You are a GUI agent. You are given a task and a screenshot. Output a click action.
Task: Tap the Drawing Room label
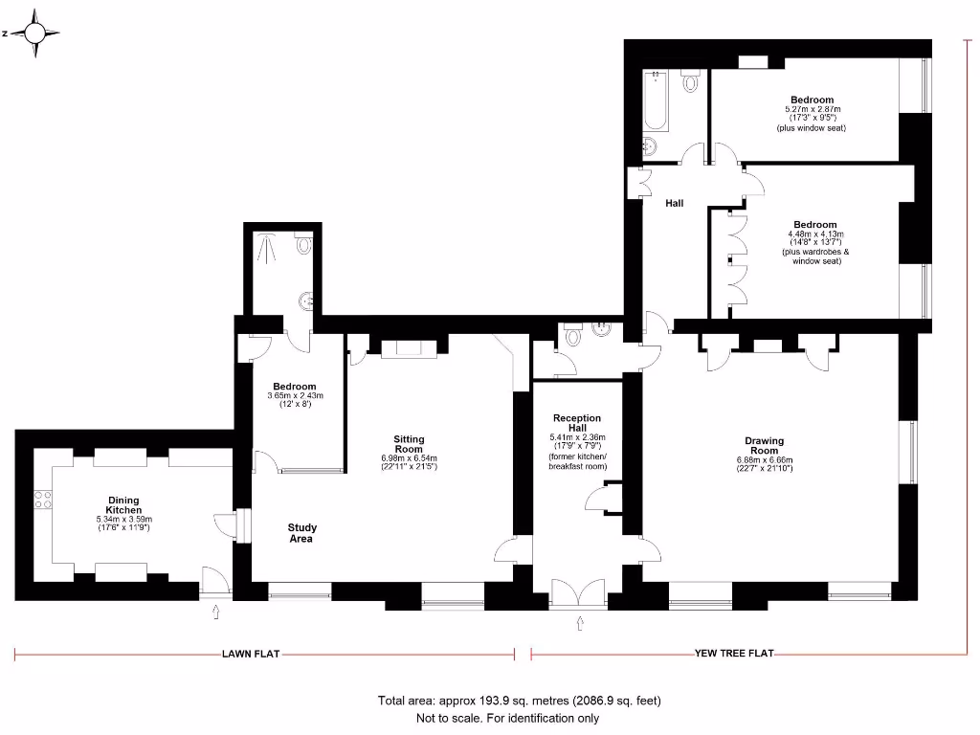point(764,446)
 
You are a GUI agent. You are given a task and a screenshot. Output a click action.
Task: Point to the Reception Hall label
point(577,423)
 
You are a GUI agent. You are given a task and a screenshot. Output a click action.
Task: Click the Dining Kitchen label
point(124,505)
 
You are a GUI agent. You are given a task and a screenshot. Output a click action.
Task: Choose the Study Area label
point(301,533)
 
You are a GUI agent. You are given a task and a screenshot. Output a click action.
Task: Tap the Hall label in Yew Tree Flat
point(675,203)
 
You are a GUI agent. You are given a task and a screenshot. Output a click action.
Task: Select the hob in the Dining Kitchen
point(43,499)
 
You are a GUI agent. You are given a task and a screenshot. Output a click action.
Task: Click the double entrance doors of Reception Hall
point(579,592)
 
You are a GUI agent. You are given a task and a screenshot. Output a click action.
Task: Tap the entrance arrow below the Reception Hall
point(580,626)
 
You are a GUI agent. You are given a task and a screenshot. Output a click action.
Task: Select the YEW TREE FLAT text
point(734,655)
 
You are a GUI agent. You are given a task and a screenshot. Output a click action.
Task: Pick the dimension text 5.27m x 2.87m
point(812,109)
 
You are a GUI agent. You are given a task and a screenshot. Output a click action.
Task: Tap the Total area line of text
point(520,701)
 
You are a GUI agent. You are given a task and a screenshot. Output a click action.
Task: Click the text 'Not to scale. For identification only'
point(507,718)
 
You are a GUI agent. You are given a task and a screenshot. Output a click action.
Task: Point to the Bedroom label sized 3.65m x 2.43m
point(294,387)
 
